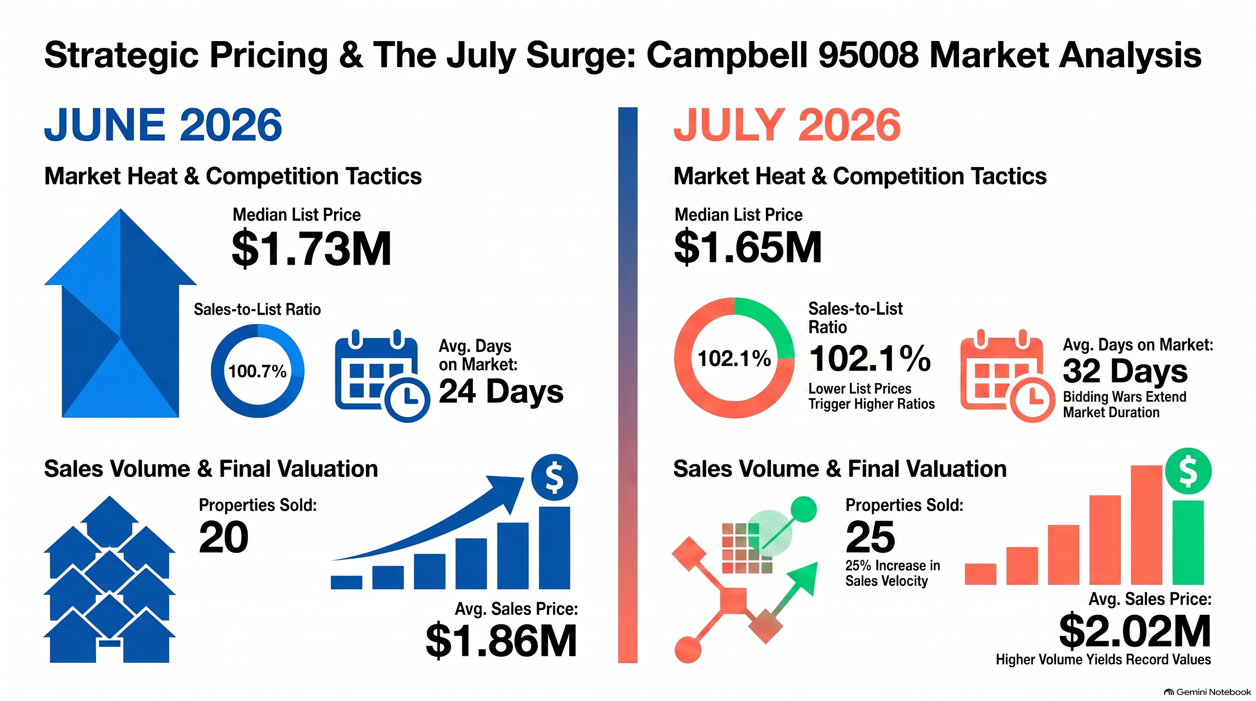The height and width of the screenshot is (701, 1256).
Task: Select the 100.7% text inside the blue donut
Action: [257, 371]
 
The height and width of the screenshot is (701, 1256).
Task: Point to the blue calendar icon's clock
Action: [408, 399]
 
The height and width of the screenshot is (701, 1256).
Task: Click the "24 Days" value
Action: [501, 391]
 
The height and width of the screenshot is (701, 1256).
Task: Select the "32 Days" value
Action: [1125, 371]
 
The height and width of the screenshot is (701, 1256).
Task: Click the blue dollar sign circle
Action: [555, 477]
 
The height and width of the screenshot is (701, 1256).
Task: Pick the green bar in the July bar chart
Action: [1188, 542]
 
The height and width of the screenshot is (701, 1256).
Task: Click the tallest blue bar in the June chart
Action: [555, 548]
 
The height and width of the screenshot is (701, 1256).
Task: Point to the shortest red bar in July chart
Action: [980, 574]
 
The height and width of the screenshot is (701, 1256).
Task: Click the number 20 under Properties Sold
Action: [224, 537]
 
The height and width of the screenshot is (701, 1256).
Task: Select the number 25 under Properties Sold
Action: [870, 537]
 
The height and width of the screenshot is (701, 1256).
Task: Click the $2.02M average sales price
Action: [1135, 631]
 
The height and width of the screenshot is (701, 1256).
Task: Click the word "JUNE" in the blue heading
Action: [105, 125]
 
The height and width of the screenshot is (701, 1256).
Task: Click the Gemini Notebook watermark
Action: [1207, 692]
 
